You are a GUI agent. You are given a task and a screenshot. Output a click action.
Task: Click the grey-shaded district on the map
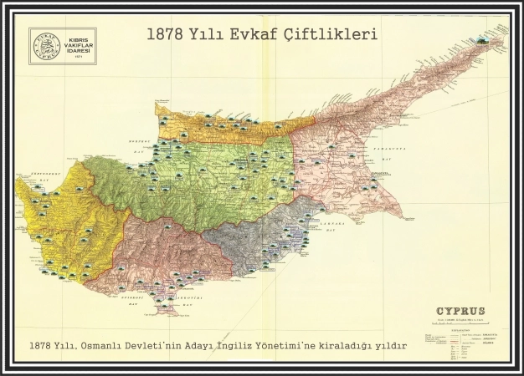click(x=251, y=246)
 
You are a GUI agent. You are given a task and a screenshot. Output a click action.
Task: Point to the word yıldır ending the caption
click(x=390, y=345)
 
